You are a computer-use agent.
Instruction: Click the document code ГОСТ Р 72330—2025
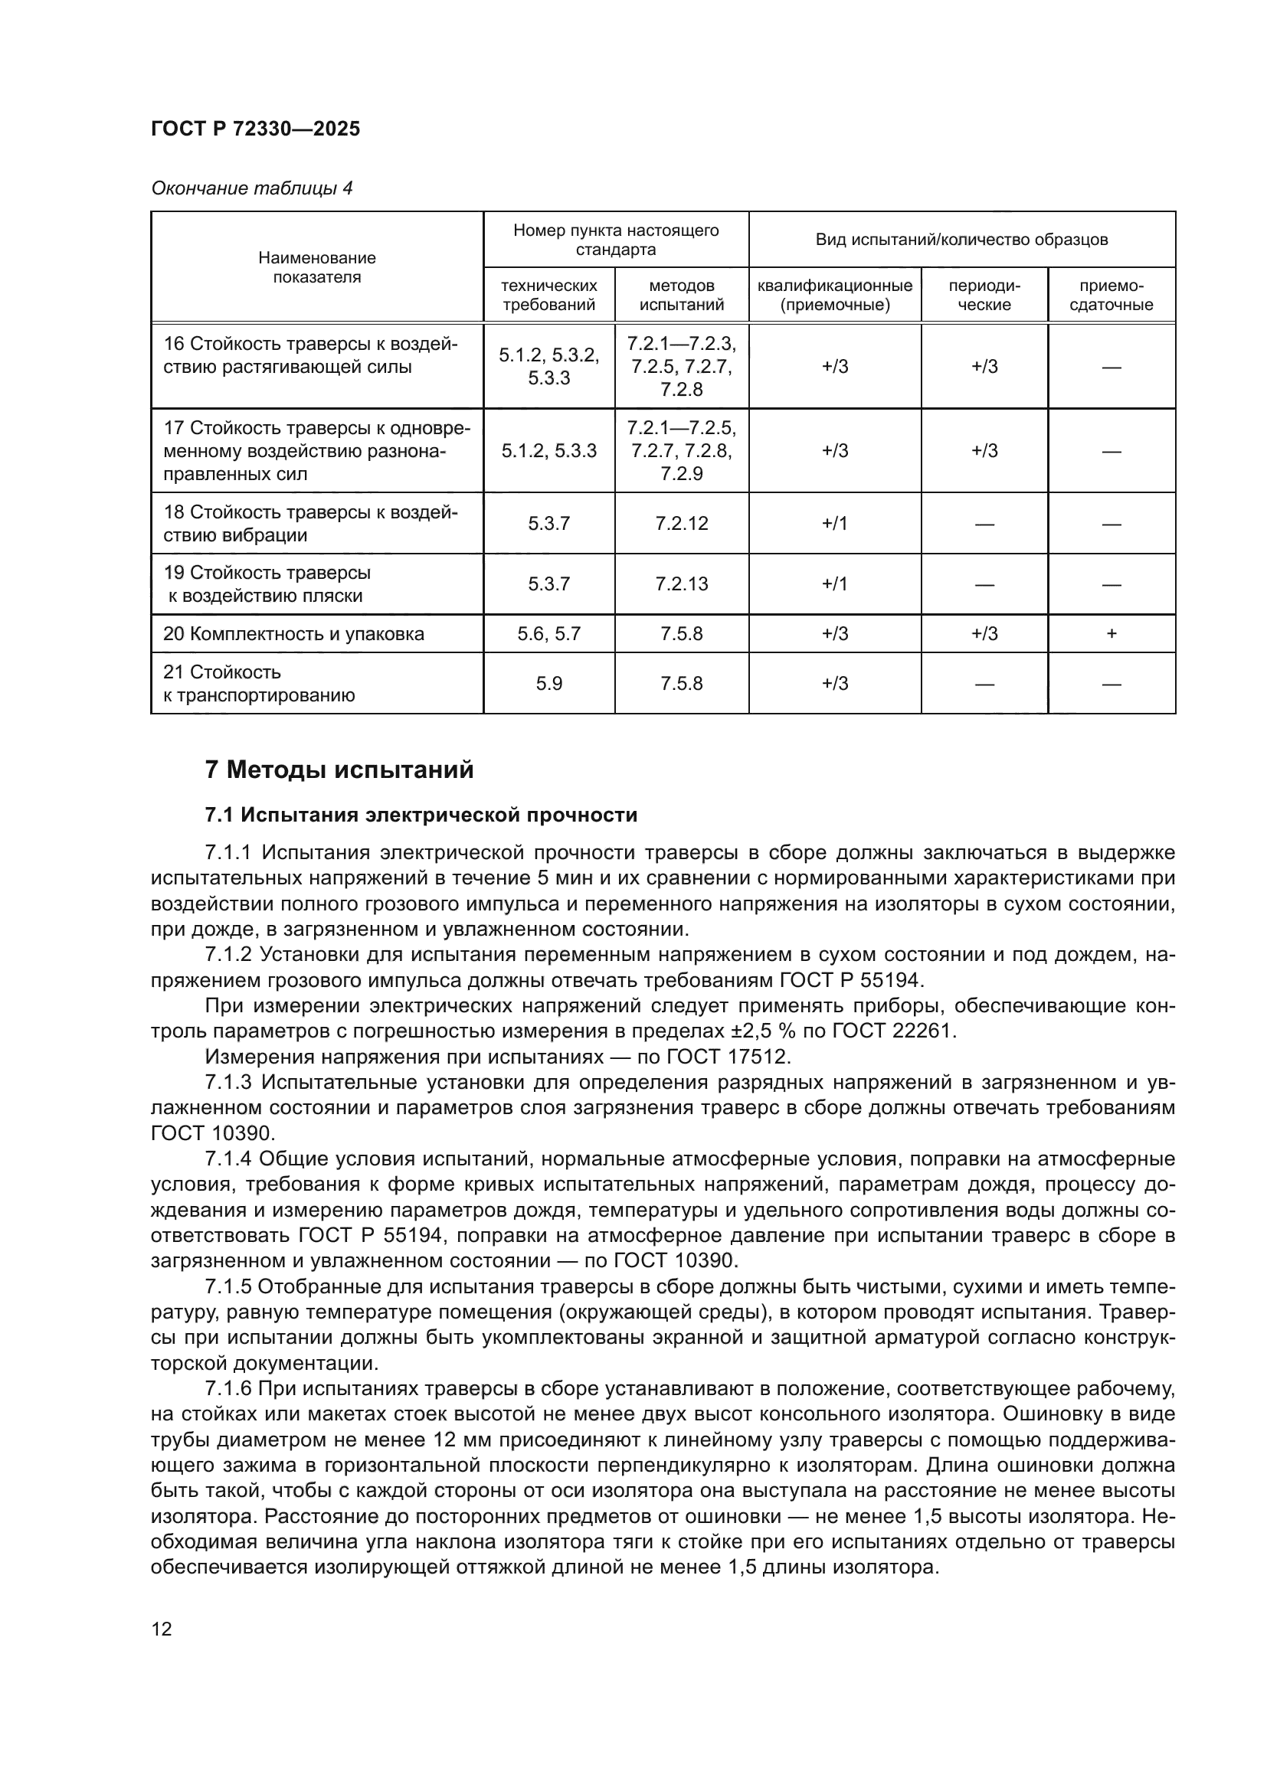tap(255, 129)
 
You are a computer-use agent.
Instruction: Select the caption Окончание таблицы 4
tap(251, 188)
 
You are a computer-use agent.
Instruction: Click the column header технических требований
tap(548, 295)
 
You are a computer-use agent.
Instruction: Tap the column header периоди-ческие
tap(984, 295)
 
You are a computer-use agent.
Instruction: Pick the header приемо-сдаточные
tap(1111, 295)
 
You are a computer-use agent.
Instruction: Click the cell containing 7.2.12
tap(681, 524)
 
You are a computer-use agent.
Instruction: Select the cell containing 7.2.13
tap(681, 584)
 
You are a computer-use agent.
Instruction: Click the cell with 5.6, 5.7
tap(548, 633)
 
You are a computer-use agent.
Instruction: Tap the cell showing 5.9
tap(548, 683)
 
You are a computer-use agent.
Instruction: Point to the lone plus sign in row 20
tap(1111, 633)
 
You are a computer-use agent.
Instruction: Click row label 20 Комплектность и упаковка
tap(293, 633)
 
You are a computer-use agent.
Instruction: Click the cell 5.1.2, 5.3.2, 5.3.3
tap(548, 367)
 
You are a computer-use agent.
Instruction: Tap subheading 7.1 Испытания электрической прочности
tap(421, 815)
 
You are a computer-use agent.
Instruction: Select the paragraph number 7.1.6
tap(228, 1389)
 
